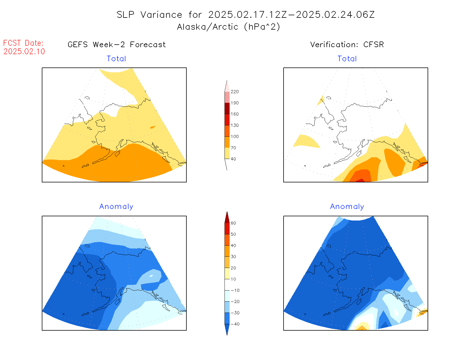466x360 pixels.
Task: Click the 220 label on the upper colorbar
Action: pos(234,92)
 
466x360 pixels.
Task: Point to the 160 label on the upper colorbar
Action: pos(234,114)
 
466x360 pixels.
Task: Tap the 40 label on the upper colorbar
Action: pos(233,159)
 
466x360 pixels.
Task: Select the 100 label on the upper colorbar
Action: pos(234,136)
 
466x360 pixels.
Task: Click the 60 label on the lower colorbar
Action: pos(233,223)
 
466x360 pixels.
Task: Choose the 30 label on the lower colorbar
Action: pos(233,257)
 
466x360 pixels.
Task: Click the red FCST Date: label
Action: pos(23,43)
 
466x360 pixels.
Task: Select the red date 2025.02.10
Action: pos(24,51)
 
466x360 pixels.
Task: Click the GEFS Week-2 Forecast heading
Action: pos(117,45)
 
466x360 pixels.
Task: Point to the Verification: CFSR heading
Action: pos(347,45)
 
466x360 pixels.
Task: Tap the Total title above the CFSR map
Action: pos(347,59)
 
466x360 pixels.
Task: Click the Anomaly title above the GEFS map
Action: pos(116,206)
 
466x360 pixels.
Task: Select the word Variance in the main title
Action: pos(161,15)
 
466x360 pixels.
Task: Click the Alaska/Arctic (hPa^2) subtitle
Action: pos(228,27)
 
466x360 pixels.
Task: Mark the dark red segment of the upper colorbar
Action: pos(227,108)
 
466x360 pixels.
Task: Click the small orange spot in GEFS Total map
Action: pos(153,127)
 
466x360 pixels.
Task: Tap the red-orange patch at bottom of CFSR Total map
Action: pos(360,180)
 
